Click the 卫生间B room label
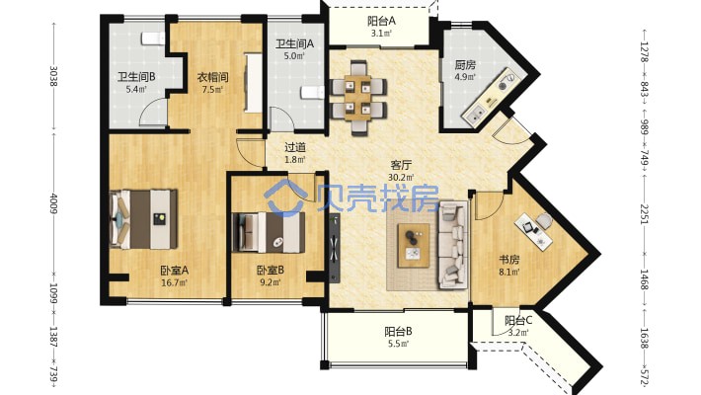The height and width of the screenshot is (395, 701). click(x=136, y=77)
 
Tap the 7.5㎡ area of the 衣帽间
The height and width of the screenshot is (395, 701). click(x=213, y=89)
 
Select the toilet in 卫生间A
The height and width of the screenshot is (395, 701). click(x=312, y=92)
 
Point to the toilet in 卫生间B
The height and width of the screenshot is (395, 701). click(x=153, y=39)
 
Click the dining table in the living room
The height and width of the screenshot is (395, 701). click(x=357, y=98)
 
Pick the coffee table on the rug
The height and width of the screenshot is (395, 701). click(x=414, y=246)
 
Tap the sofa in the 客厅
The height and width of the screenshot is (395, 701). click(x=453, y=244)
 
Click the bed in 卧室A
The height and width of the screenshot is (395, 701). click(x=143, y=219)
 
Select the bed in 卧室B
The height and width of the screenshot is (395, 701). click(x=269, y=233)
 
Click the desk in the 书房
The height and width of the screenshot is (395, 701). click(x=534, y=230)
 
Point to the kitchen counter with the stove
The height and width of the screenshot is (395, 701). click(x=490, y=96)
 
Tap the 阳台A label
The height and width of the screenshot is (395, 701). click(x=381, y=21)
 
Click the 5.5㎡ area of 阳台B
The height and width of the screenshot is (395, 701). click(x=398, y=344)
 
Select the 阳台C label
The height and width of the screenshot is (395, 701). click(x=518, y=320)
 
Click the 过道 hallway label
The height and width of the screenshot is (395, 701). click(x=295, y=147)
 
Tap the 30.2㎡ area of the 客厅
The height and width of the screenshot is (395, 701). click(x=401, y=178)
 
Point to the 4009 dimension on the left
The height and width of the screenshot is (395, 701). click(x=53, y=203)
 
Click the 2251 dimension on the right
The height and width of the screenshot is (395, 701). click(x=644, y=214)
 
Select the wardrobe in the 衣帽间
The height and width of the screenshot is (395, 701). click(x=253, y=83)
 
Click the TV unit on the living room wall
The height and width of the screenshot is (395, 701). click(x=335, y=248)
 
